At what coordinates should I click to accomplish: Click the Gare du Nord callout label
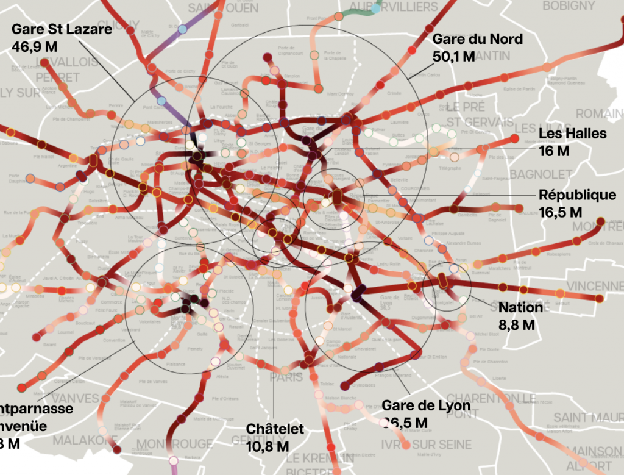477,40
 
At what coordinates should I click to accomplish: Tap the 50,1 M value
453,57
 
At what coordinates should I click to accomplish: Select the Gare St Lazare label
62,29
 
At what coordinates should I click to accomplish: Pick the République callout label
577,195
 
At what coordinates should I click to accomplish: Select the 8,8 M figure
517,324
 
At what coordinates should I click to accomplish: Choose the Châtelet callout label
275,429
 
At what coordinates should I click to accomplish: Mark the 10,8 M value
268,446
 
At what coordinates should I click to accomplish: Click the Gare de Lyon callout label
426,406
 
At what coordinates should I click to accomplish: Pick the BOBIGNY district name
569,5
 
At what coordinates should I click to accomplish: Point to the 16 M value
554,151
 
